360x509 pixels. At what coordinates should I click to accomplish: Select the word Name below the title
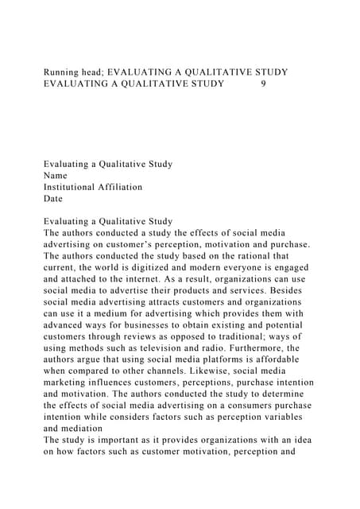pos(56,176)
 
